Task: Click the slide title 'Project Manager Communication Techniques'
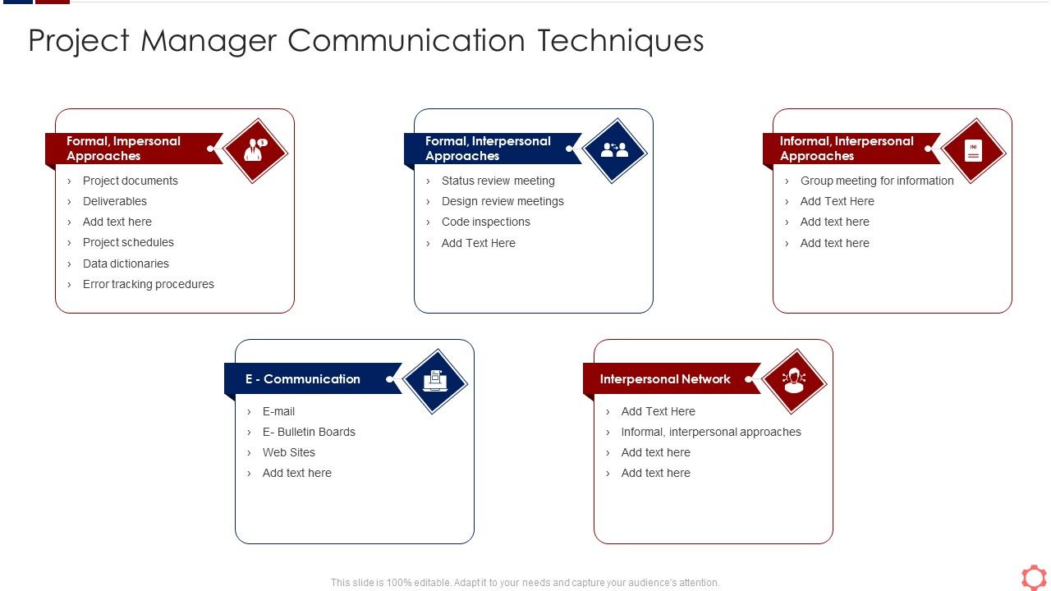click(x=366, y=41)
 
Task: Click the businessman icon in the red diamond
click(x=255, y=150)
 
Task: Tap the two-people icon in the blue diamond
click(x=614, y=150)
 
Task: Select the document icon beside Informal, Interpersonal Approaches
click(x=973, y=150)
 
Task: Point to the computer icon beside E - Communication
click(x=435, y=381)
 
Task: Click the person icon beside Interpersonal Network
click(x=794, y=381)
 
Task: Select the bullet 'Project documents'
click(x=131, y=181)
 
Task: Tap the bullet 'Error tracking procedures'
click(x=149, y=284)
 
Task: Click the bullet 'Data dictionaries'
click(x=126, y=263)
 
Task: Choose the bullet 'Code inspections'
click(x=486, y=222)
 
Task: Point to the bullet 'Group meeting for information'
click(x=877, y=181)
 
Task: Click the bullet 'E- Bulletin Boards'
click(x=309, y=432)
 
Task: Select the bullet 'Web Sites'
click(x=289, y=452)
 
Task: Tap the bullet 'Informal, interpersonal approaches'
click(x=711, y=432)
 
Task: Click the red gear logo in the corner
click(x=1034, y=577)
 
